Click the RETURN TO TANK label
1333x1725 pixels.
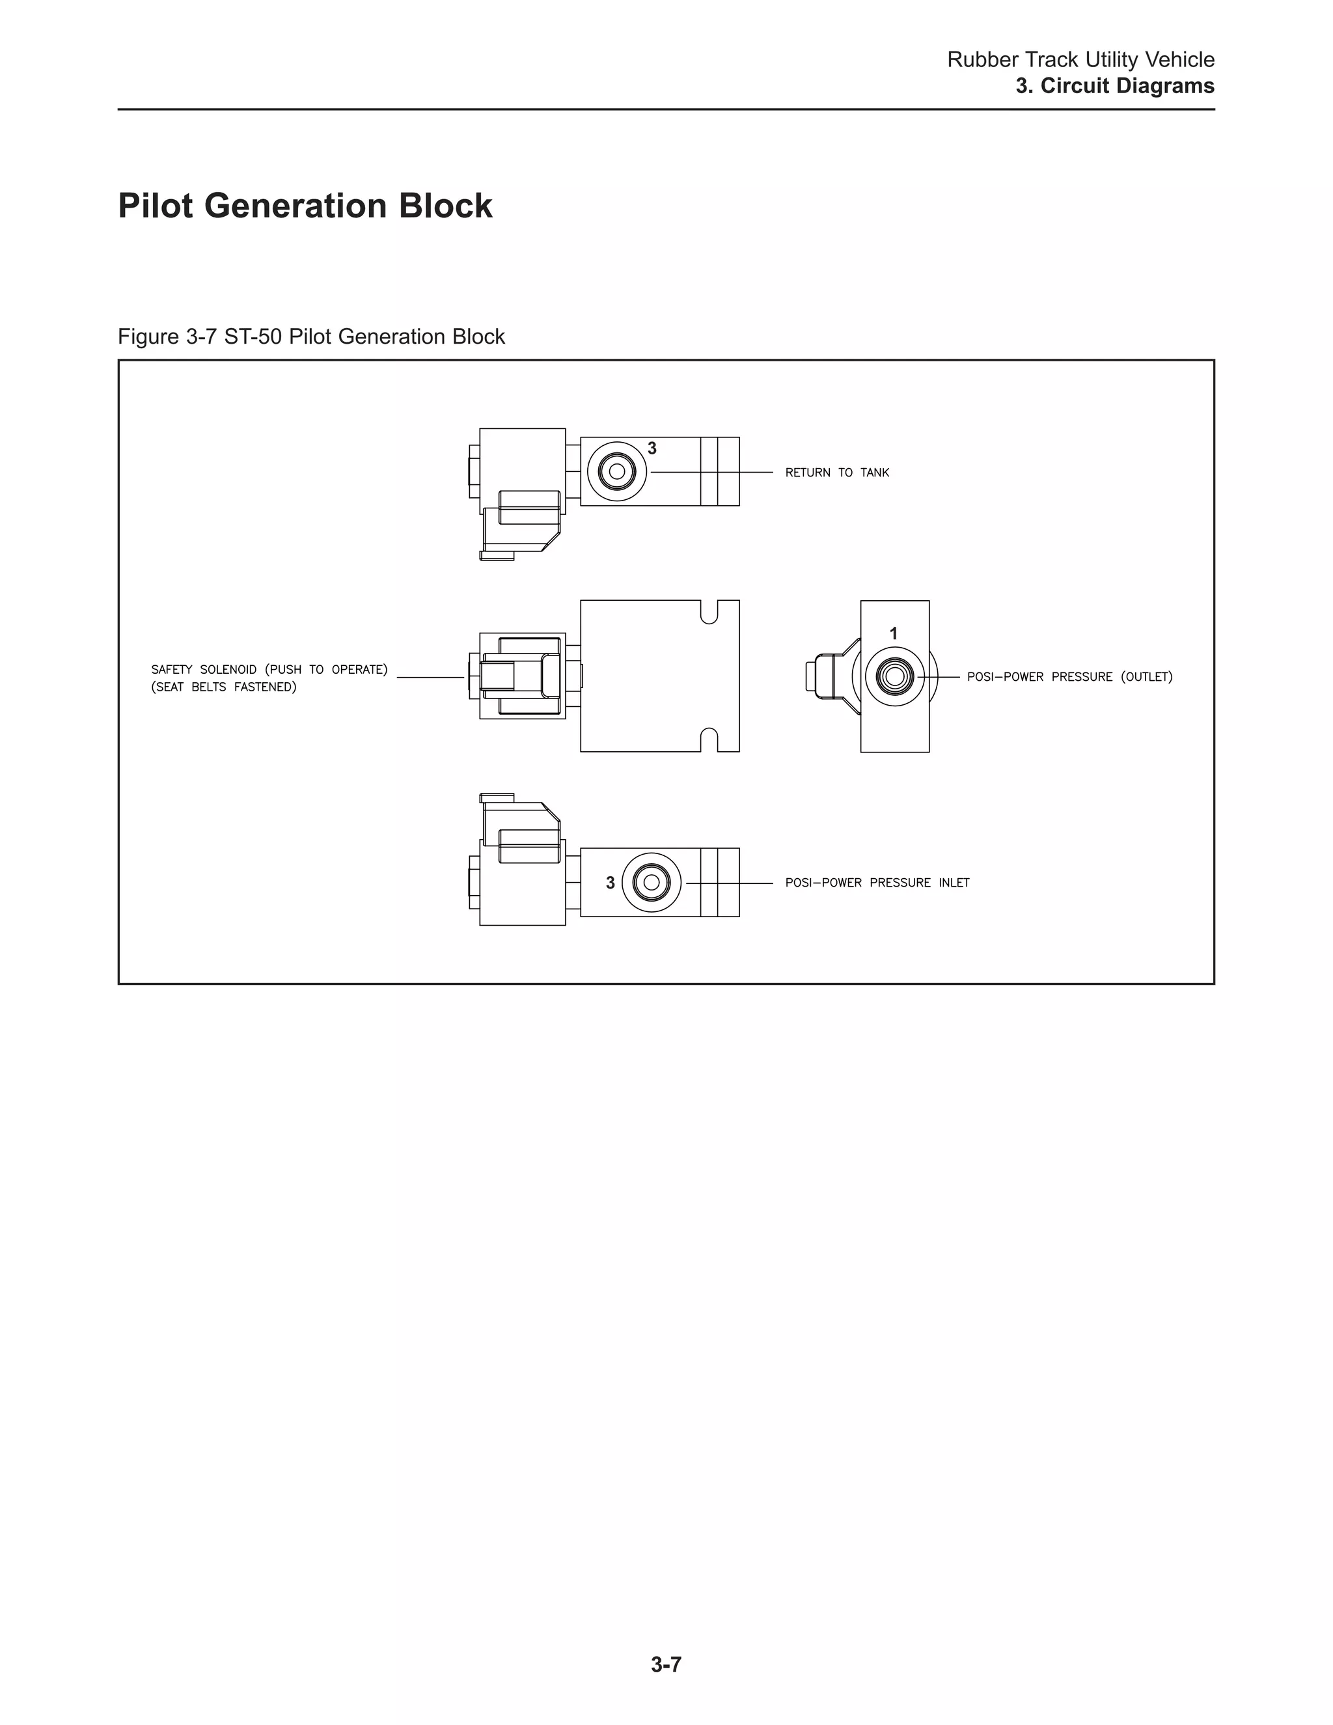(837, 473)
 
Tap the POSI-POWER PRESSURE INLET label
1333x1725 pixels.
(877, 883)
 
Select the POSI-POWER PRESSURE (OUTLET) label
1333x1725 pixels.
(1069, 677)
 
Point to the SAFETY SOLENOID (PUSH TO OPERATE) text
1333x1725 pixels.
(269, 670)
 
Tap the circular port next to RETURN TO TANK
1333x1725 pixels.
(617, 473)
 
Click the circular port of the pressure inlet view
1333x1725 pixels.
(652, 882)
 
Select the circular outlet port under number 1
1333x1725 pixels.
(895, 676)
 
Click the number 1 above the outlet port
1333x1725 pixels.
(893, 633)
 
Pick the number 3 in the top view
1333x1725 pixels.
(652, 448)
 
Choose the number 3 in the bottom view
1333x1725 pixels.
(610, 883)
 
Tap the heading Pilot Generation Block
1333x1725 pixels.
(305, 206)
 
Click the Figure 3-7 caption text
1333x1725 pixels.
(311, 337)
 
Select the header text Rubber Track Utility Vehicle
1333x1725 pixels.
(1080, 59)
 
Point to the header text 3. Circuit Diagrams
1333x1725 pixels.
(1114, 86)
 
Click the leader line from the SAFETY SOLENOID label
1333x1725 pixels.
(430, 677)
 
